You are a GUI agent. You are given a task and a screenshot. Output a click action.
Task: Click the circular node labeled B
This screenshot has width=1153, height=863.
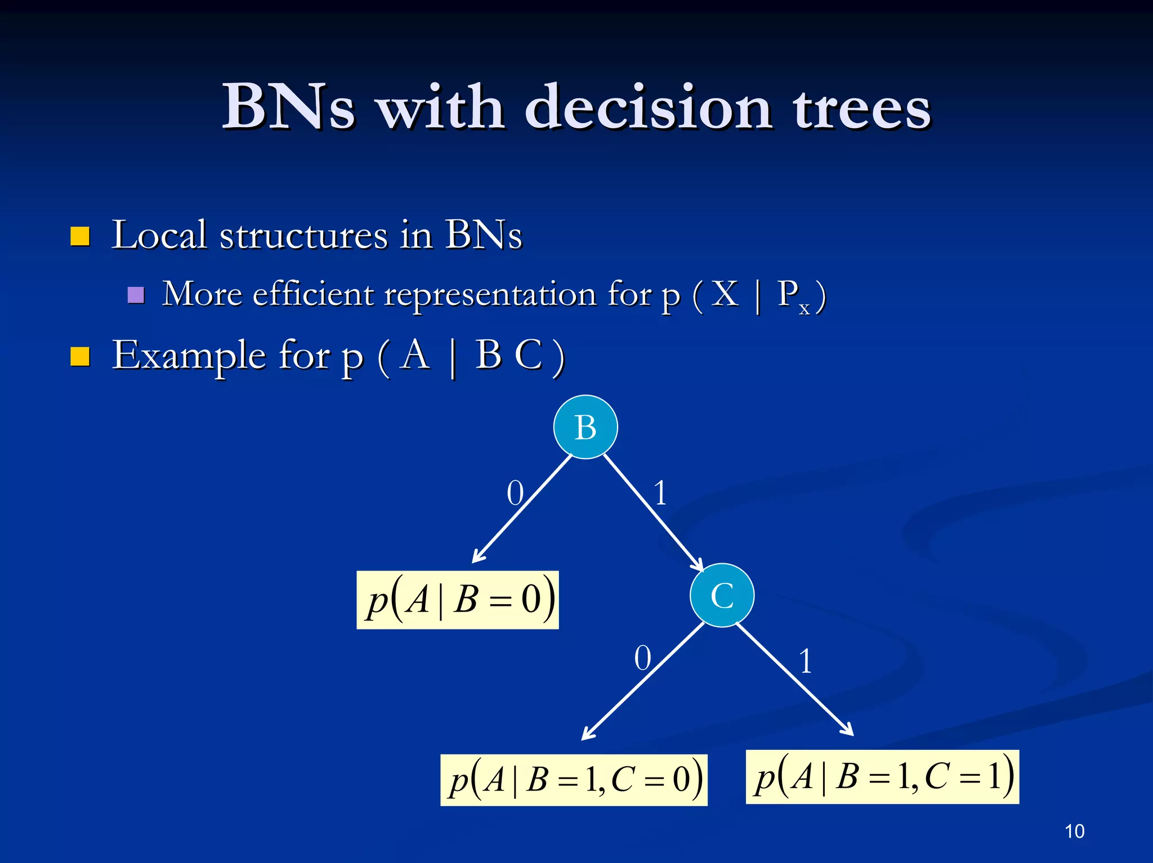coord(586,427)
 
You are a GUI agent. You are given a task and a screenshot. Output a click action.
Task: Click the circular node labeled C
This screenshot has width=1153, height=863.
coord(722,595)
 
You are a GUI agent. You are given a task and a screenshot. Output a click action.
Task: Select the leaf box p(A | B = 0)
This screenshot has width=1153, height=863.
coord(458,600)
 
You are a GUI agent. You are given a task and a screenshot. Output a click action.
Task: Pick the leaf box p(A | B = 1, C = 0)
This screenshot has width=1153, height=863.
coord(574,780)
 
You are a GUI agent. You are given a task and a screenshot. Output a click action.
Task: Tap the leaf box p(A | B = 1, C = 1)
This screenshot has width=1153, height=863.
coord(882,777)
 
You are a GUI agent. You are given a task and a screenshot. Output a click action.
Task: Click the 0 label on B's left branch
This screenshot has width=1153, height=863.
coord(515,493)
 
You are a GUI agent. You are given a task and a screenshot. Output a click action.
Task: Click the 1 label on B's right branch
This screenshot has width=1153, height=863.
coord(660,493)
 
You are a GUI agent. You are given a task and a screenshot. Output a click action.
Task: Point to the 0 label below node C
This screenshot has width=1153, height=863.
coord(642,658)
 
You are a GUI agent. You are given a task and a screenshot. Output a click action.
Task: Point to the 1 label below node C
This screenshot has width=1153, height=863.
coord(806,661)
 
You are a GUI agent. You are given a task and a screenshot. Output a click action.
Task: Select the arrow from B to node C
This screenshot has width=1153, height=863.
coord(653,512)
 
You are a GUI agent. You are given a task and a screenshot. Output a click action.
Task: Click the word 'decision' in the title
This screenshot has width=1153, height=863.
coord(648,107)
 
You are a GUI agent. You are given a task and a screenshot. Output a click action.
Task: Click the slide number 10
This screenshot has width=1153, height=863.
coord(1074,831)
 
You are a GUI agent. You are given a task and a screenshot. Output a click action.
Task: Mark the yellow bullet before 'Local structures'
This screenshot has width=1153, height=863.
coord(80,236)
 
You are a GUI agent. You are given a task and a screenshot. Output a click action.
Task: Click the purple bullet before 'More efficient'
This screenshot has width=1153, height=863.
coord(136,295)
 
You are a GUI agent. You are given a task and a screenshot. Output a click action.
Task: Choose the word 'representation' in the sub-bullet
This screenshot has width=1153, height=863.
coord(490,294)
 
